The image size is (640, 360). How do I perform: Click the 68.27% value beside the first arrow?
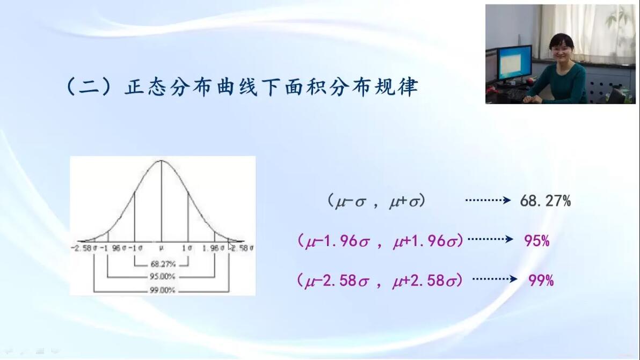[x=546, y=201]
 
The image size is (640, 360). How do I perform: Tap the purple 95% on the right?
[x=537, y=240]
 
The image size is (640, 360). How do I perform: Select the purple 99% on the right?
[x=541, y=280]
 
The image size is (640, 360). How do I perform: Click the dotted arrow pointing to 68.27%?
[x=488, y=200]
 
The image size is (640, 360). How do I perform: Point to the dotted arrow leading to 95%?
[x=490, y=239]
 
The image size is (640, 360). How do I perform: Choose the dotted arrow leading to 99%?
[x=494, y=280]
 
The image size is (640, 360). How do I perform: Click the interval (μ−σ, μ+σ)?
[x=376, y=201]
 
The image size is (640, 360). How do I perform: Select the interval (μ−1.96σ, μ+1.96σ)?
[x=381, y=241]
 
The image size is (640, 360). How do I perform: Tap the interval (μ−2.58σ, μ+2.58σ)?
[x=380, y=281]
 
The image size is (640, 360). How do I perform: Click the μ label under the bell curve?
[x=161, y=248]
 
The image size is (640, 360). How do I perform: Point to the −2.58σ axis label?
[x=84, y=248]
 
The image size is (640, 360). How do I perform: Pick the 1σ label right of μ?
[x=186, y=248]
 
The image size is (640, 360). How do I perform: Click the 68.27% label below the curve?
[x=163, y=264]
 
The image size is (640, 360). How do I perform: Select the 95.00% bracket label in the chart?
[x=162, y=276]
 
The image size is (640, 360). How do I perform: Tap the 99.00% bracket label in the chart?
[x=162, y=290]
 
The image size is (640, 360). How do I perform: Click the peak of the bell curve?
[x=161, y=160]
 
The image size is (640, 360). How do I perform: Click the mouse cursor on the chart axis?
[x=231, y=246]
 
